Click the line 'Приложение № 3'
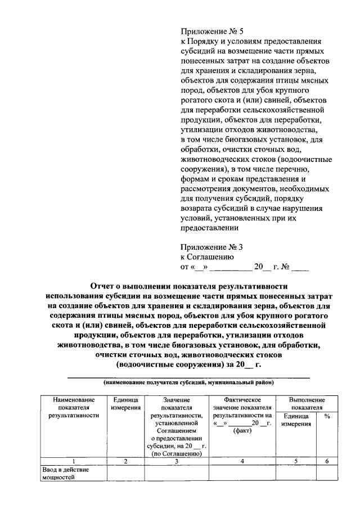click(x=211, y=247)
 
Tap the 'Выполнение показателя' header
click(x=307, y=403)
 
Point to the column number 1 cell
click(x=73, y=462)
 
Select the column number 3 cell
click(x=177, y=462)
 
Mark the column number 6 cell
click(x=327, y=462)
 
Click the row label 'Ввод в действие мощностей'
click(x=58, y=474)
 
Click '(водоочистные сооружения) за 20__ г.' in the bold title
click(x=189, y=365)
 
